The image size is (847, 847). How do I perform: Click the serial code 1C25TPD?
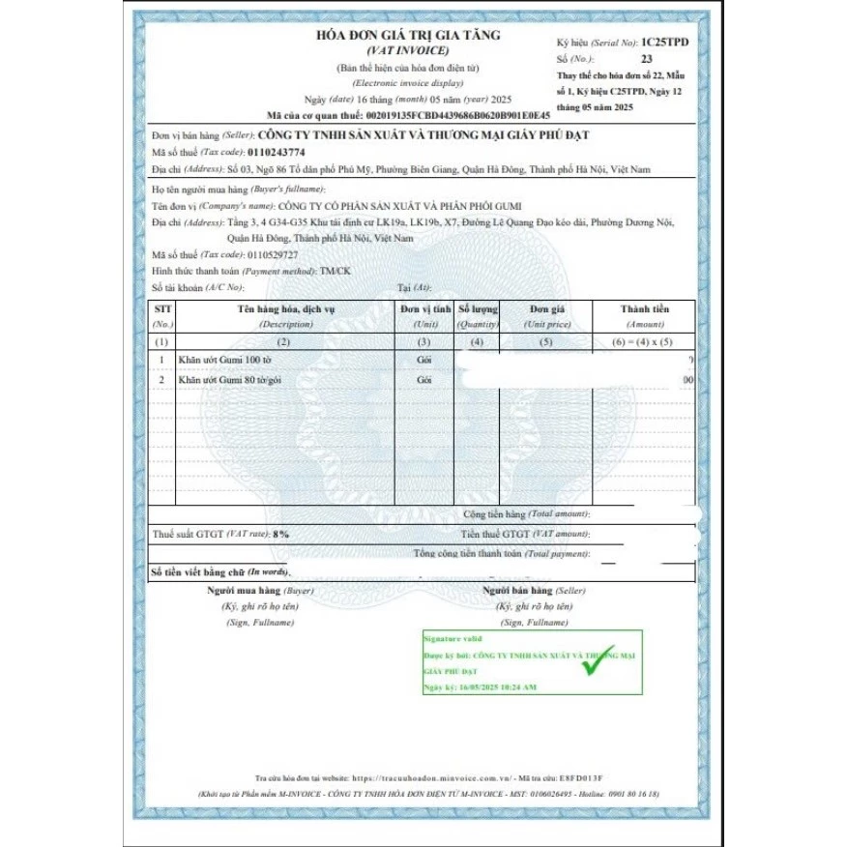point(666,44)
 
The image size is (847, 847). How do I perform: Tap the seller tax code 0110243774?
point(276,152)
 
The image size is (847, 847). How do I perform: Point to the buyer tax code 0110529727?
point(275,254)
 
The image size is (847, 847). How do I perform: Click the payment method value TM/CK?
point(336,271)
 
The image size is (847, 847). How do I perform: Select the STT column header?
point(163,308)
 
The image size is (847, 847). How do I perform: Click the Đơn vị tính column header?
point(425,308)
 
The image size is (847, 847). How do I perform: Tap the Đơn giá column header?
point(546,308)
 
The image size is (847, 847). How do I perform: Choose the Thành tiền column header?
point(644,308)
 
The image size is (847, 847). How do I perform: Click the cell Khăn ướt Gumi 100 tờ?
point(219,360)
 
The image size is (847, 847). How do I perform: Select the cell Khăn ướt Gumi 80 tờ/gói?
point(228,380)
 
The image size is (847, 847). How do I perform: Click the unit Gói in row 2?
point(423,380)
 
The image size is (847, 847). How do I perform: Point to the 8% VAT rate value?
point(280,534)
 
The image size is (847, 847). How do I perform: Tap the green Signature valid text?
point(452,639)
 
